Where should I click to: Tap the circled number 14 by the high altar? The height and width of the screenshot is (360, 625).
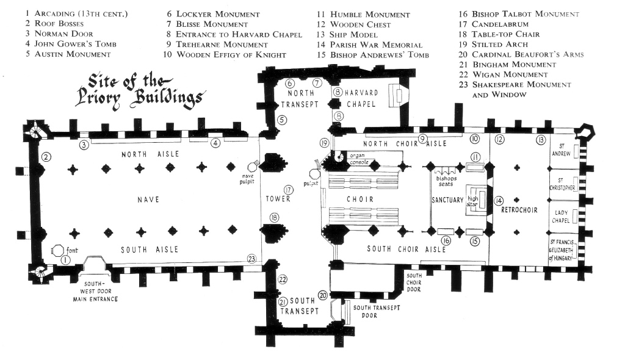click(x=498, y=201)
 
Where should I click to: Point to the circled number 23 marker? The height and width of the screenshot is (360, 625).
click(x=251, y=259)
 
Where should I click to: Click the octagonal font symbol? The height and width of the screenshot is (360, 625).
click(x=57, y=250)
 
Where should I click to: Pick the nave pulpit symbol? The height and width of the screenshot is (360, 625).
click(x=251, y=167)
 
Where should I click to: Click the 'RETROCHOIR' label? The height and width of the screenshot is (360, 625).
click(x=519, y=211)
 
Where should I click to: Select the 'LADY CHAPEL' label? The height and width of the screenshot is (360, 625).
click(x=562, y=218)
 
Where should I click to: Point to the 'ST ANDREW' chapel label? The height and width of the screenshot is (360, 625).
click(x=562, y=150)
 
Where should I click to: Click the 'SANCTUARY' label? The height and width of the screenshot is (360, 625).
click(x=447, y=200)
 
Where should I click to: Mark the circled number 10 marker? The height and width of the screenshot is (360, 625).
click(x=474, y=140)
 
